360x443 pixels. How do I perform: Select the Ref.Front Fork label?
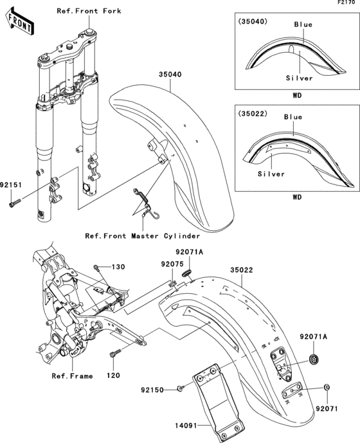[x=89, y=12]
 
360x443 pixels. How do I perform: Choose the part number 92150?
[x=154, y=390]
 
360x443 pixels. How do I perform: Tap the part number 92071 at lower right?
[x=327, y=408]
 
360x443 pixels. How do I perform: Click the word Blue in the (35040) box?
[x=303, y=24]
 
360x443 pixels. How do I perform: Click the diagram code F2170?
[x=348, y=4]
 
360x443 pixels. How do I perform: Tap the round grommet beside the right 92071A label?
[x=314, y=358]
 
